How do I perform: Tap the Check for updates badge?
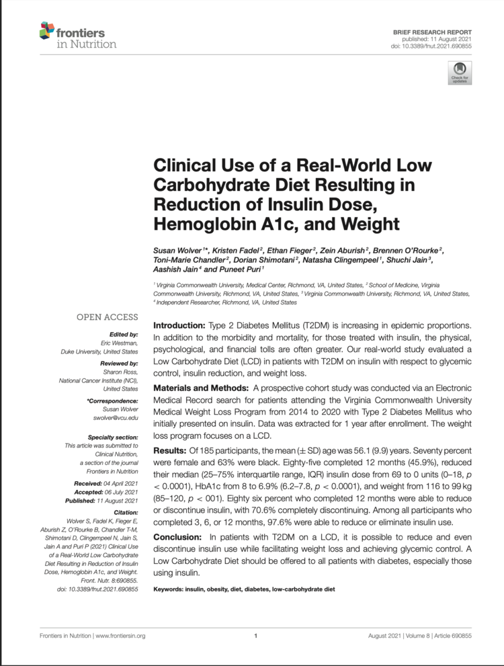[x=460, y=71]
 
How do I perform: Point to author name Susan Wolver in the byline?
[x=177, y=251]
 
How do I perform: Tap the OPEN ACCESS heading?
[x=107, y=317]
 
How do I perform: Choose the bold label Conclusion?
[x=180, y=537]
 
